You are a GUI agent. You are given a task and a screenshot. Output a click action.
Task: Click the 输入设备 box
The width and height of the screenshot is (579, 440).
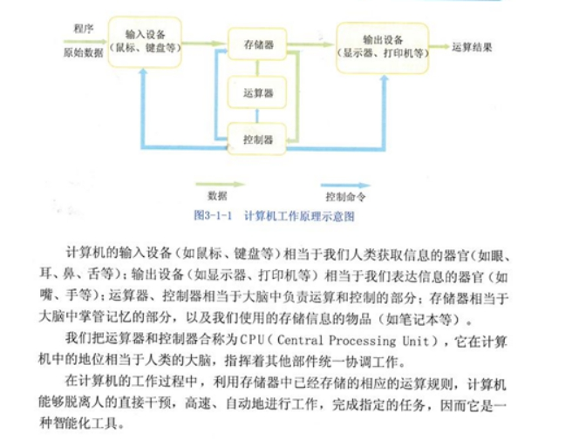coord(145,42)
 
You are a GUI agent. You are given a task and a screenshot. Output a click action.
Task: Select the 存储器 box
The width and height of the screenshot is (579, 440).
coord(257,44)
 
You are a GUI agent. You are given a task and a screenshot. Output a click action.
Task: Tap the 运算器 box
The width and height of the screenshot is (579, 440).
coord(257,92)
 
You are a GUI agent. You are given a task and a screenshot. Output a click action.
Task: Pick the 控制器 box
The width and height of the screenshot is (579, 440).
coord(257,139)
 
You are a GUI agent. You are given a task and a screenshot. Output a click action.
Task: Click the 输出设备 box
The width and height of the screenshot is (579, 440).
coord(382,48)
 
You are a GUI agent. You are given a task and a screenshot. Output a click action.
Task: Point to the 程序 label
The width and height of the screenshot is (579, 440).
coord(84,29)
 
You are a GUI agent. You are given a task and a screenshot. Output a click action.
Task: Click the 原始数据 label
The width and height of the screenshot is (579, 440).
coord(83,53)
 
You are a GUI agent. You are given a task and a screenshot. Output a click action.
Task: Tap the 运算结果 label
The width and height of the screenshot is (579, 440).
coord(472,47)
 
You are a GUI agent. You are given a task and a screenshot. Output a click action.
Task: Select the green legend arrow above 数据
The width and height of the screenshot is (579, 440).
coord(220,184)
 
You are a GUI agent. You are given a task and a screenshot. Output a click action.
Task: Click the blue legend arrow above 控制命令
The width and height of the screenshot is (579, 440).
coord(345,185)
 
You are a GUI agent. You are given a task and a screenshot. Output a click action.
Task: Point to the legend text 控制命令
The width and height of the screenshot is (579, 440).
coord(345,197)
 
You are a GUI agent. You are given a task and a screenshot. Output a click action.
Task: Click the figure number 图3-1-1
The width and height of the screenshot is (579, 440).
coord(213,215)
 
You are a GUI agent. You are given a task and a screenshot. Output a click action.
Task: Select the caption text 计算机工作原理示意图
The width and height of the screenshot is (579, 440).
coord(299,216)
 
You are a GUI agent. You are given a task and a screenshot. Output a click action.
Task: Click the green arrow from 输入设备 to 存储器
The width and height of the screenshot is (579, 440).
coord(204,44)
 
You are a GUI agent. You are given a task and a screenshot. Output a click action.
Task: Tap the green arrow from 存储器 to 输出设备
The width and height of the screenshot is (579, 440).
coord(311,44)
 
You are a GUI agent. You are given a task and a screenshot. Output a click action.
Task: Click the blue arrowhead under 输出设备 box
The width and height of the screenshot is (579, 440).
coord(384,78)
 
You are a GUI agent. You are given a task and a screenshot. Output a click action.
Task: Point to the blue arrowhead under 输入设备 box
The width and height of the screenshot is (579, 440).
coord(144,72)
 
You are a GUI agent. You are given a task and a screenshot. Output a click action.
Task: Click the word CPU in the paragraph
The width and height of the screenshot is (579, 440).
coord(252,340)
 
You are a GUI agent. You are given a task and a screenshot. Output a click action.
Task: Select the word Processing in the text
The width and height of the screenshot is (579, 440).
coord(362,341)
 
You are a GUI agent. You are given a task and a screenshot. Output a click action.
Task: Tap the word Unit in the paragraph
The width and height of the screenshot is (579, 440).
coord(416,341)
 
